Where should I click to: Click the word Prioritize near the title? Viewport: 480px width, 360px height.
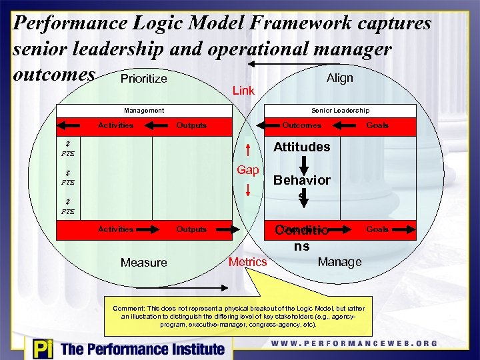pos(143,79)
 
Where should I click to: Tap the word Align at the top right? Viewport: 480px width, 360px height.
pos(339,78)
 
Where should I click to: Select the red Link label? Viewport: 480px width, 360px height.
pos(243,90)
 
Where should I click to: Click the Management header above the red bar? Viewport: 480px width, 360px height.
pos(144,110)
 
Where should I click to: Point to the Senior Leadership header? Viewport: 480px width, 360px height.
pos(340,110)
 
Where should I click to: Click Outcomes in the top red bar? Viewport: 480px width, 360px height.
pos(301,125)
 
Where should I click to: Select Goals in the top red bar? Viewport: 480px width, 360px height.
pos(377,125)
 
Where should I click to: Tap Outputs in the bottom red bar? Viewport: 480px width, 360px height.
pos(191,229)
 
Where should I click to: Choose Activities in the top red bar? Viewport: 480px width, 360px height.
pos(115,125)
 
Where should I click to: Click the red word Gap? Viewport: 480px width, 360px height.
pos(247,170)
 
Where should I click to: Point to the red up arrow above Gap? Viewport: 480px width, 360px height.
pos(248,151)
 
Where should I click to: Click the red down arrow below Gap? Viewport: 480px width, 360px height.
pos(248,189)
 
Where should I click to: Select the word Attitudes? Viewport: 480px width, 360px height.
pos(302,147)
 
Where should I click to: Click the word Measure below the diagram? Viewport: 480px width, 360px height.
pos(143,263)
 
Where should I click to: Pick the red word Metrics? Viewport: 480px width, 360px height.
pos(247,262)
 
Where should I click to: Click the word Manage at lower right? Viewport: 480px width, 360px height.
pos(339,262)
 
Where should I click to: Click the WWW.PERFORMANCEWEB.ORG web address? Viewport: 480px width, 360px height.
pos(354,344)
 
